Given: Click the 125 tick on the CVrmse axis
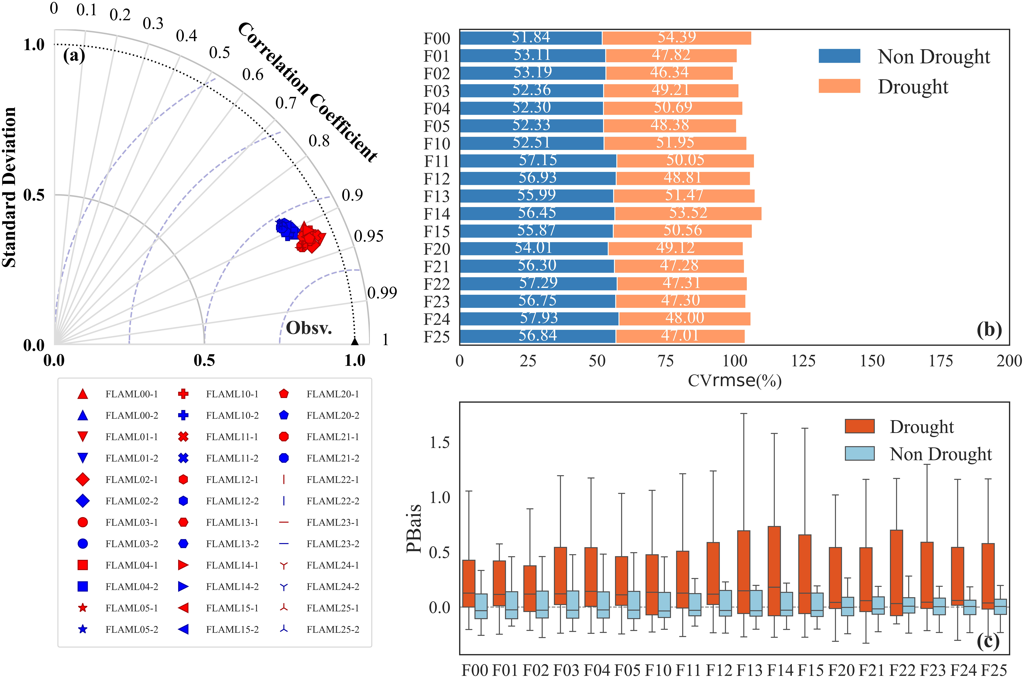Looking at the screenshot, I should (x=803, y=361).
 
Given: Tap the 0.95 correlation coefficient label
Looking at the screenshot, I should (x=368, y=236).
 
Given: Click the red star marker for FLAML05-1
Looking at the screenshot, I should (x=83, y=608).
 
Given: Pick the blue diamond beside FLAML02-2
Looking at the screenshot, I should (x=83, y=501).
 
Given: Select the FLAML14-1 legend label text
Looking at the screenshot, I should (x=232, y=565).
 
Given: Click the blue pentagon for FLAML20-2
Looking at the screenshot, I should (x=284, y=415).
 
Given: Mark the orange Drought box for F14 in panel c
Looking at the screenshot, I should (x=774, y=571).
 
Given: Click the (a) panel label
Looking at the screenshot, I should (x=74, y=56).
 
